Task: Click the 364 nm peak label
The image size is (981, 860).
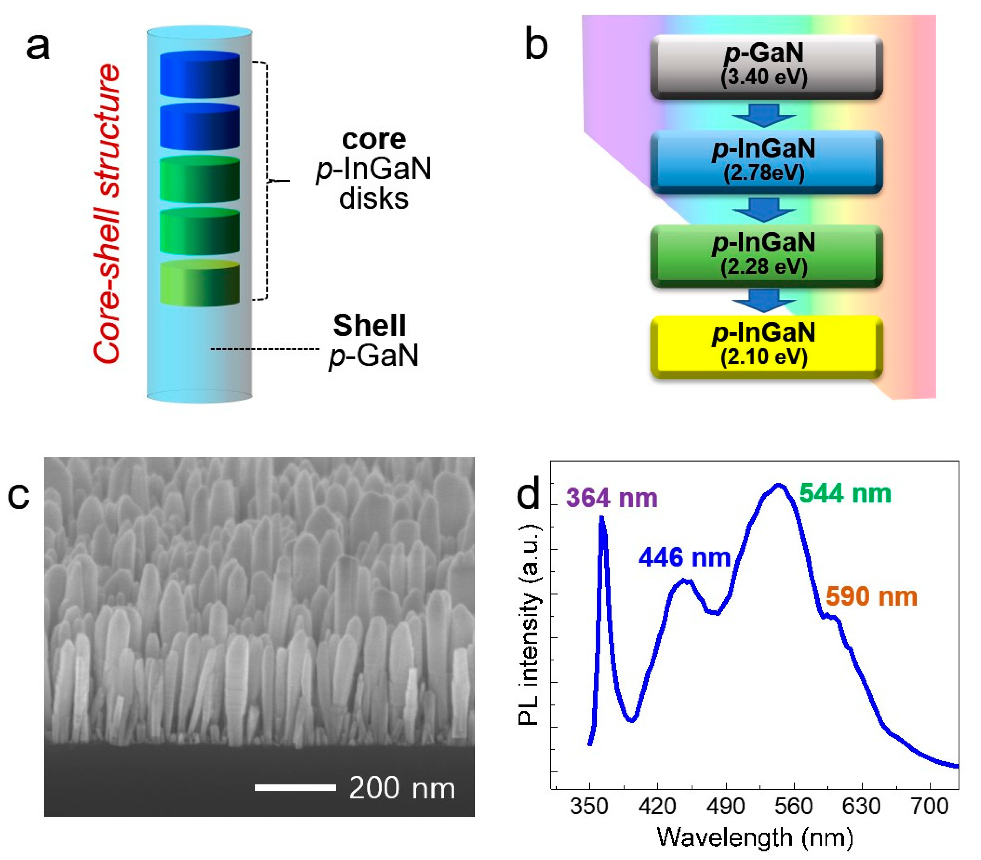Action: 612,498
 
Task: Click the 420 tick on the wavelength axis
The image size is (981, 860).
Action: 657,806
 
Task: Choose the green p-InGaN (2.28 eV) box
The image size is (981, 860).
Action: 766,255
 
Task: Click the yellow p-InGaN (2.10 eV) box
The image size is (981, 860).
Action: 766,346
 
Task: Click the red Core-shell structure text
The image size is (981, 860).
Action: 107,214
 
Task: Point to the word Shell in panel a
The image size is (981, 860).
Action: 369,326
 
